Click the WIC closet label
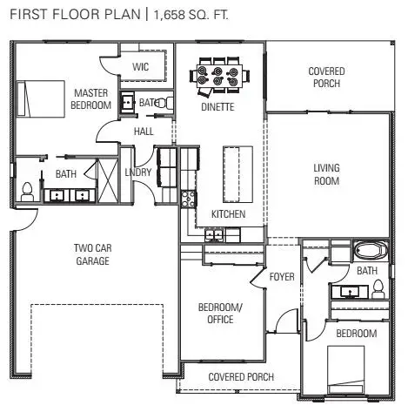point(141,67)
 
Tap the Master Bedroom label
point(91,98)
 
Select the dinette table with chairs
point(217,76)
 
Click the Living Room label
point(326,174)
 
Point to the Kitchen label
point(228,213)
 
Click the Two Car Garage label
point(91,253)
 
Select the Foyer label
point(282,277)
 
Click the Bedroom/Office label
point(220,314)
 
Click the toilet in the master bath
point(26,189)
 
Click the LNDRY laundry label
point(138,172)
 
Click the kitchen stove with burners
point(186,198)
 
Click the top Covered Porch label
point(326,78)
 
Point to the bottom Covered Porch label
point(241,377)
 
